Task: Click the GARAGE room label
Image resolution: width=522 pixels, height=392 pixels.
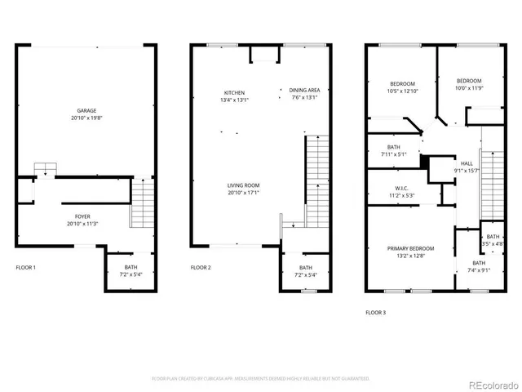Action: coord(86,110)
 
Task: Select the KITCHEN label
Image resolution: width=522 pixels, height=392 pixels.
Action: coord(235,92)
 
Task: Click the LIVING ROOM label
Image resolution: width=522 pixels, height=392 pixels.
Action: coord(243,185)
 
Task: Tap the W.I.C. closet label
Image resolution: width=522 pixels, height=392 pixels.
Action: coord(400,188)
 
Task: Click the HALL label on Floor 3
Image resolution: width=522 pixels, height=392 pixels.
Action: coord(467,163)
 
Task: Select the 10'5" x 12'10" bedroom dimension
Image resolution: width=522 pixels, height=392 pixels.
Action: coord(401,91)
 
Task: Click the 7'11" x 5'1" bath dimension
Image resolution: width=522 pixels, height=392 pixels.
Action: coord(393,154)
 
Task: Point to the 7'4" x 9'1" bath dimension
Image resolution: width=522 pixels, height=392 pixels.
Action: coord(479,270)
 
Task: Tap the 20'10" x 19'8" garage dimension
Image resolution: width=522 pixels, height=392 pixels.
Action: coord(86,118)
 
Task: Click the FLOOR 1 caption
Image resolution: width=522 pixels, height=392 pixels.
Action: coord(26,267)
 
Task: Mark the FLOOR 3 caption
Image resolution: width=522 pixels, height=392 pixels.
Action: coord(375,312)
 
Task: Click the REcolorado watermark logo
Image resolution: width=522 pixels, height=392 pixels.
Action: coord(487,383)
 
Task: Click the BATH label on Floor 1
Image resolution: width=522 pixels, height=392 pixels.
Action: coord(130,267)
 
